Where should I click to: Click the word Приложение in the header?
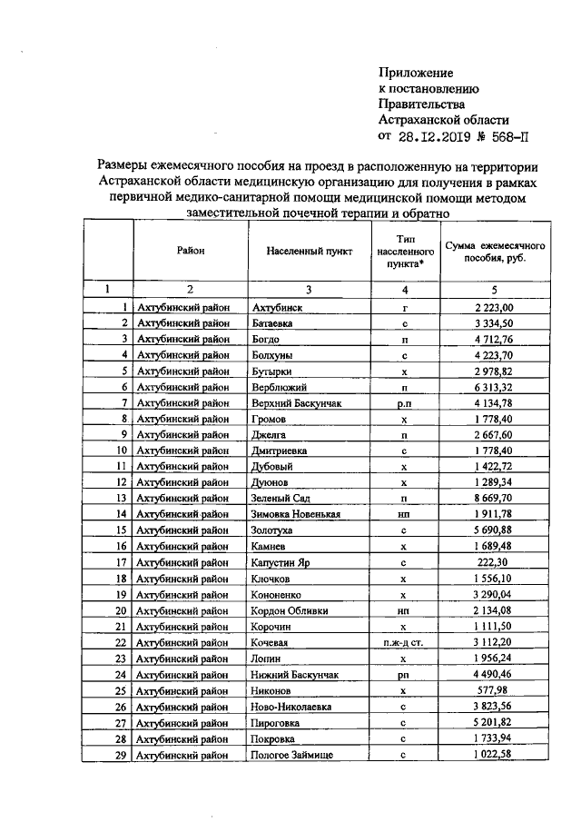click(x=416, y=72)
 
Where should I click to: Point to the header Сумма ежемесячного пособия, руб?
click(x=494, y=252)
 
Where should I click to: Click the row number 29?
click(x=120, y=755)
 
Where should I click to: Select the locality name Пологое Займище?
click(x=292, y=755)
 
